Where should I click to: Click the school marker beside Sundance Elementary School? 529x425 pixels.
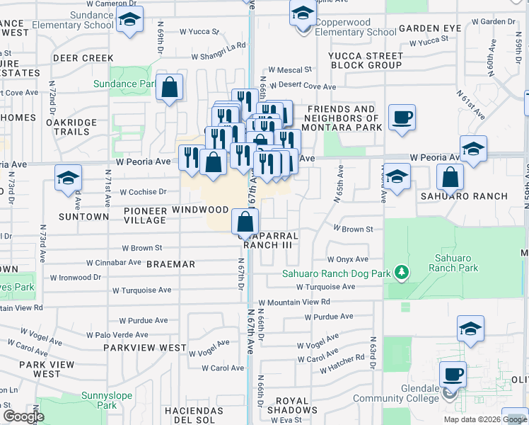(x=129, y=21)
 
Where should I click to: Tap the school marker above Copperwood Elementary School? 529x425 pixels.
(x=303, y=13)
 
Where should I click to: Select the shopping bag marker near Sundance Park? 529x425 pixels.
(x=170, y=89)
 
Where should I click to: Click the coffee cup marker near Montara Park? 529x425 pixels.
(x=402, y=118)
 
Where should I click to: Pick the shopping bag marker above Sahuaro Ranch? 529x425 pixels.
(x=450, y=178)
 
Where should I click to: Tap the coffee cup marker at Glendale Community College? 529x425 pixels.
(x=453, y=374)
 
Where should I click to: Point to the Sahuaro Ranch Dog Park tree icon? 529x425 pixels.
(x=402, y=272)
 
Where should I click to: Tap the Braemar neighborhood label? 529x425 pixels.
(x=170, y=264)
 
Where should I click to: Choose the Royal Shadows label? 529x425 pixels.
(x=297, y=405)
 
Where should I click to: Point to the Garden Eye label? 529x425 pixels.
(x=430, y=29)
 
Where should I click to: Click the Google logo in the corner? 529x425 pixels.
(x=23, y=416)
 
